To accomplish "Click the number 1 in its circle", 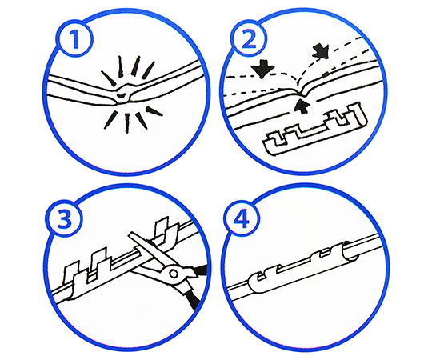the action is tap(74, 39).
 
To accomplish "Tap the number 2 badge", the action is tap(249, 38).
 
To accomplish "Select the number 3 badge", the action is tap(65, 219).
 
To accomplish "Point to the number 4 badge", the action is tap(242, 218).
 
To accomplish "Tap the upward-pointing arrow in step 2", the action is tap(302, 107).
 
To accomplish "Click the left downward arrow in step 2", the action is tap(263, 71).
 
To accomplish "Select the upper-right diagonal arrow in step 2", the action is tap(320, 51).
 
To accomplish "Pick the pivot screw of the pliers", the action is tap(174, 274).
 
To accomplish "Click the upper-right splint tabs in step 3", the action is tap(166, 231).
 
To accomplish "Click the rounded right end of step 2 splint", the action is tap(361, 114).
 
